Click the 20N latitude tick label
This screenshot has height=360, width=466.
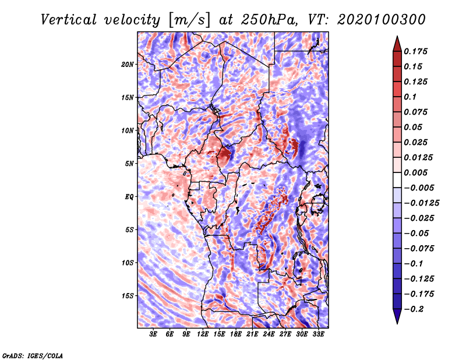tap(128, 65)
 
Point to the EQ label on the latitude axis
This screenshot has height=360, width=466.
tap(129, 197)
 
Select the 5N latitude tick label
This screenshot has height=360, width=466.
tap(129, 164)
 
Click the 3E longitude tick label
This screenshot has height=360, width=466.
tap(153, 334)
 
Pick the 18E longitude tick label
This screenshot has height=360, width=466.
tap(236, 334)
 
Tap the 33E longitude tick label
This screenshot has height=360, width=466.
tap(318, 334)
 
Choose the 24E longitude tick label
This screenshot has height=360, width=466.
tap(269, 334)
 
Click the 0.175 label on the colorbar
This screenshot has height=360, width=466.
tap(415, 51)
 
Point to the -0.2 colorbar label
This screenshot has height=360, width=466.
tap(414, 309)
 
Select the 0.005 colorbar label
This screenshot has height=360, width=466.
tap(415, 172)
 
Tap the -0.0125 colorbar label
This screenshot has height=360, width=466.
tap(421, 203)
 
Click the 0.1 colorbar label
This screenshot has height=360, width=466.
tap(410, 97)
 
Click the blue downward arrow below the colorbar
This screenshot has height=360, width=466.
tap(397, 316)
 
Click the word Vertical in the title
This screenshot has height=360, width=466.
tap(69, 20)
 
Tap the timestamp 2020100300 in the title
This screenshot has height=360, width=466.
tap(382, 20)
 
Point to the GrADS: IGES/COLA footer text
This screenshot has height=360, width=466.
tap(33, 355)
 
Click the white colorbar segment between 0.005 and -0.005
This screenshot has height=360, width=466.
tap(397, 180)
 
